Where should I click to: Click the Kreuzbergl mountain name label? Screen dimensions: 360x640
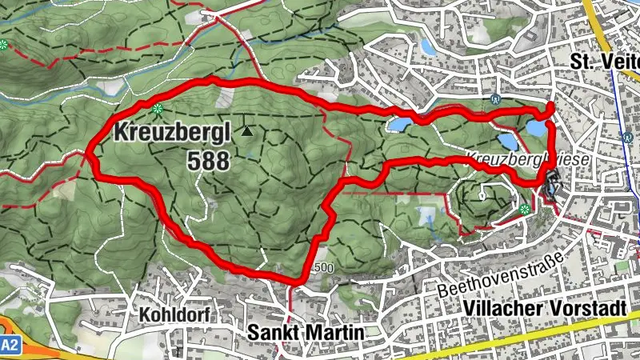(x=171, y=132)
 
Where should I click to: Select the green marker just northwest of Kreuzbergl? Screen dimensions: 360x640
(x=157, y=108)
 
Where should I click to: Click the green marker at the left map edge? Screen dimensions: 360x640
(x=4, y=44)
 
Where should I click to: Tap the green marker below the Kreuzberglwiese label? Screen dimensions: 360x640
(x=524, y=210)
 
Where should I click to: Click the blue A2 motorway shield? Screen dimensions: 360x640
(x=9, y=345)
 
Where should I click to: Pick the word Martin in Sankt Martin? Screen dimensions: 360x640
(x=335, y=332)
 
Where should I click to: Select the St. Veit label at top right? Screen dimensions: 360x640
(x=604, y=61)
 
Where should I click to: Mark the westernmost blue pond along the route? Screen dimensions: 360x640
(x=400, y=125)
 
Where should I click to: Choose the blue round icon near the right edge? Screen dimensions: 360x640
(x=626, y=137)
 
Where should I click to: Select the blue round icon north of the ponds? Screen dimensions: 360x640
(x=497, y=100)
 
